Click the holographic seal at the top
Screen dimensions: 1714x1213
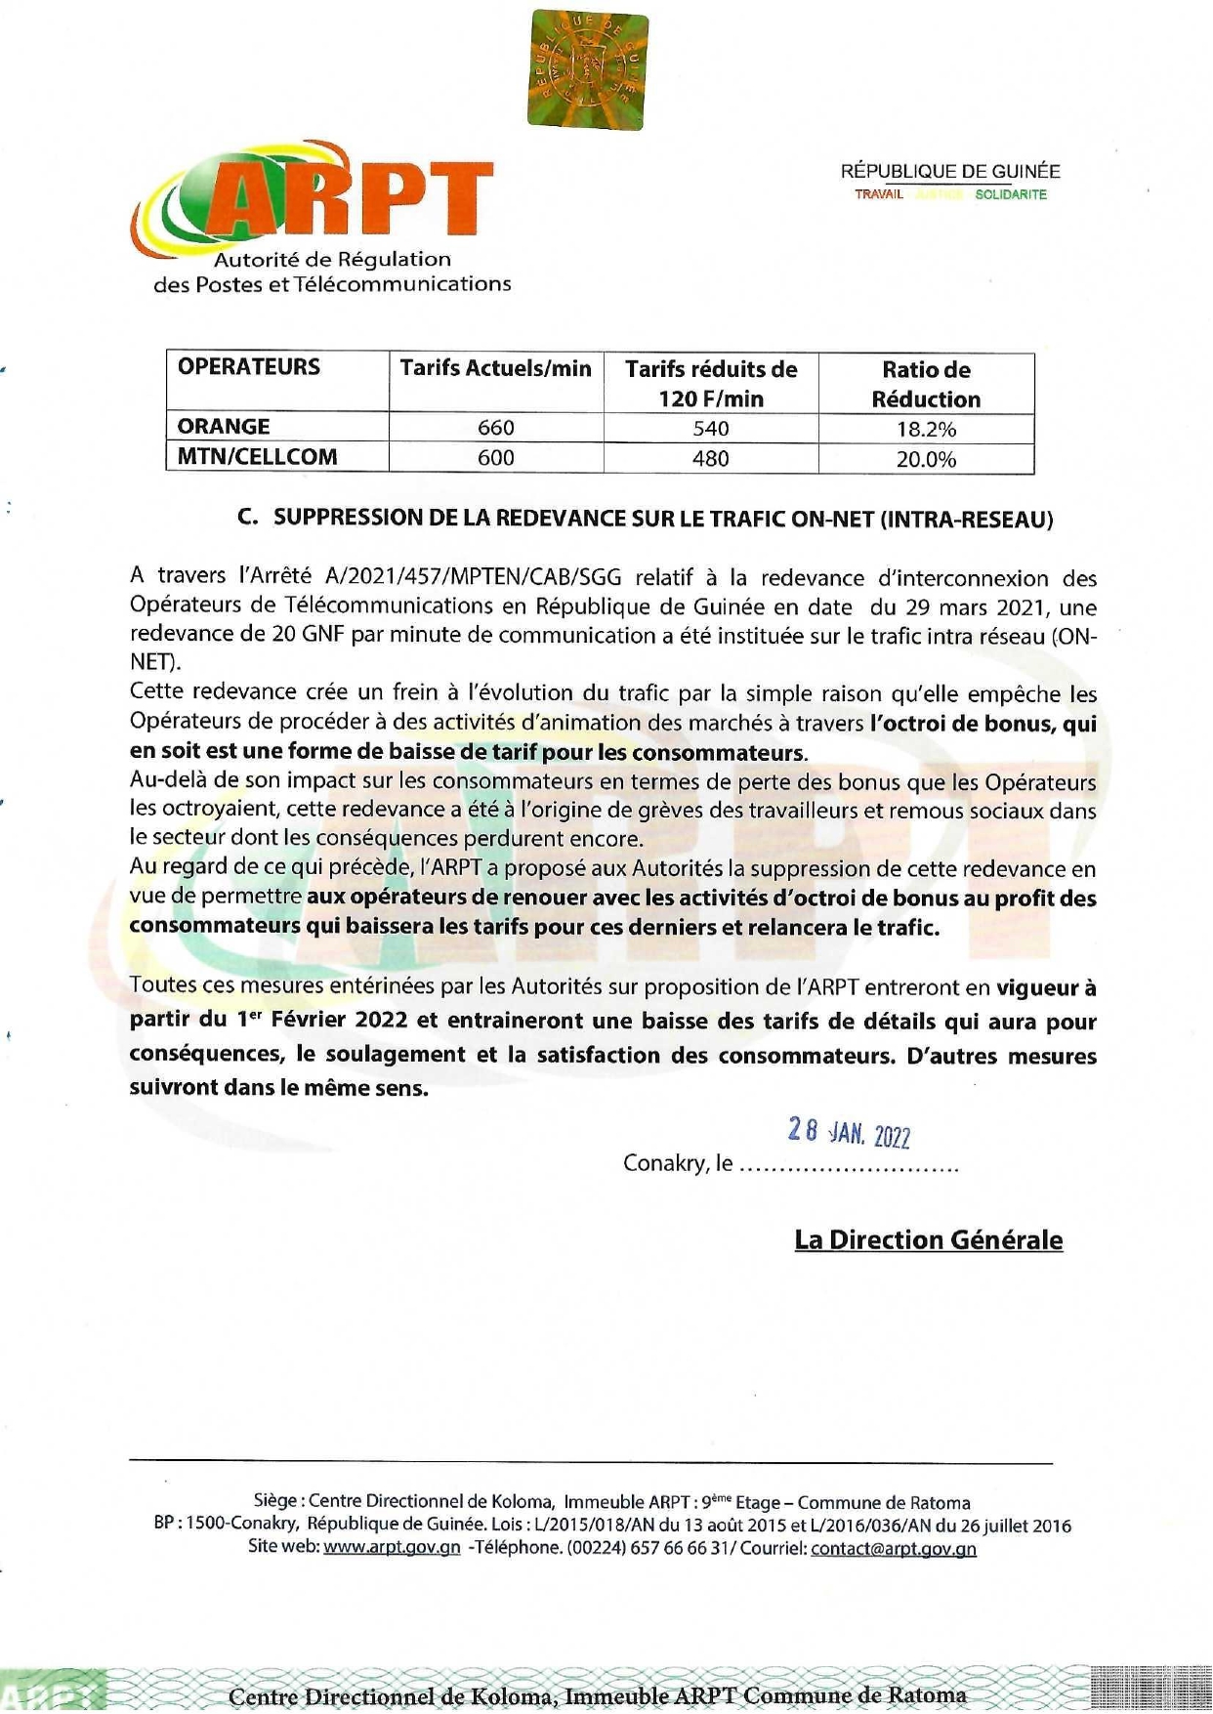[x=587, y=70]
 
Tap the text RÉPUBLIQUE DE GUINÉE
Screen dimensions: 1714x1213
[x=949, y=172]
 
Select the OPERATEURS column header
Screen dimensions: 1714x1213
[x=249, y=367]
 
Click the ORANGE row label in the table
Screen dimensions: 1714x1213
[x=224, y=427]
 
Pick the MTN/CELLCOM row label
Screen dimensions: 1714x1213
[x=257, y=457]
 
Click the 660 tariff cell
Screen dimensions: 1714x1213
[x=495, y=428]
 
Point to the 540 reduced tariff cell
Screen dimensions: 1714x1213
[x=710, y=428]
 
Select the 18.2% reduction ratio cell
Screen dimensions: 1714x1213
[x=926, y=429]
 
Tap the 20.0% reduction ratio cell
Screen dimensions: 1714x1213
[x=926, y=459]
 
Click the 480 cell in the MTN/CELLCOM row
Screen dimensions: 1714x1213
[x=710, y=458]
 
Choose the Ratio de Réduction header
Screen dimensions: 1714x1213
[x=926, y=384]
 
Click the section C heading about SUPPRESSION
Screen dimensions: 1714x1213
[x=646, y=519]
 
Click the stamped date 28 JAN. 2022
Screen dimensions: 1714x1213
[x=849, y=1133]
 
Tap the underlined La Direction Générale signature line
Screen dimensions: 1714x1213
[x=928, y=1240]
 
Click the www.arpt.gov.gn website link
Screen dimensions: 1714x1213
[x=392, y=1548]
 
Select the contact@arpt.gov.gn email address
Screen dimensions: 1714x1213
[x=893, y=1548]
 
